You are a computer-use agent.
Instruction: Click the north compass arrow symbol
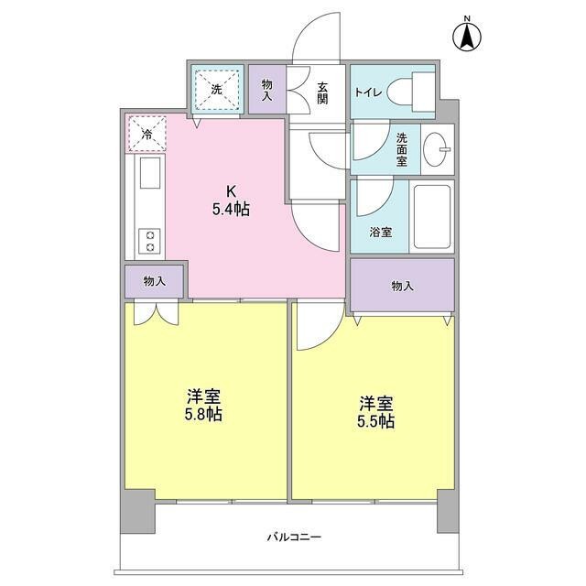pos(466,38)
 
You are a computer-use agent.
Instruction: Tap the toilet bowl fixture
pos(409,91)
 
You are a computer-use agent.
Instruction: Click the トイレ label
pos(368,91)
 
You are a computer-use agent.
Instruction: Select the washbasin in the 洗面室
pos(439,148)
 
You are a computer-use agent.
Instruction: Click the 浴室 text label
pos(381,232)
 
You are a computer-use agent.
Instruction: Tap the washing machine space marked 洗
pos(217,90)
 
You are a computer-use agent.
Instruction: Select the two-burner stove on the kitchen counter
pos(148,240)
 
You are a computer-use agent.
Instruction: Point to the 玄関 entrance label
pos(323,93)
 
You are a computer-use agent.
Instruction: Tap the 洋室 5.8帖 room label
pos(204,405)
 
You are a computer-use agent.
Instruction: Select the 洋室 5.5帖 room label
pos(375,411)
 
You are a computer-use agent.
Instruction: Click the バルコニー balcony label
pos(294,537)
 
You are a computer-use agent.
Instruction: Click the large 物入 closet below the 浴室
pos(402,286)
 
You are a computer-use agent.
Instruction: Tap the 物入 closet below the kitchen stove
pos(155,281)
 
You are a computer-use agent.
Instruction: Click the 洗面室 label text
pos(402,149)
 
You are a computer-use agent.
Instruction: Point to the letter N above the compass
pos(466,19)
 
